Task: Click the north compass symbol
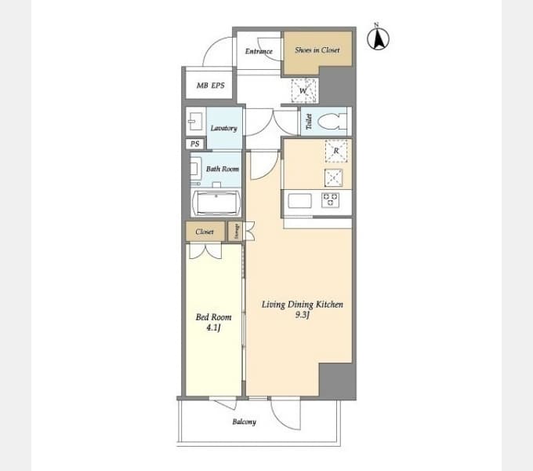point(378,38)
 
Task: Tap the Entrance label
point(259,51)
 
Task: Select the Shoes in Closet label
point(317,50)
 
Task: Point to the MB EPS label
point(210,86)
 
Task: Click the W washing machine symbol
point(304,90)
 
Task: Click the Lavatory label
point(223,128)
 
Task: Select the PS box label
point(194,144)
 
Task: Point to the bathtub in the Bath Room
point(216,203)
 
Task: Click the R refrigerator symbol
point(336,151)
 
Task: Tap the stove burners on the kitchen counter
point(331,200)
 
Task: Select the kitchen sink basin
point(299,201)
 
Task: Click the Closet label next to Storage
point(205,232)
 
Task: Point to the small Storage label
point(237,232)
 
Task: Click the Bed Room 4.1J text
point(213,323)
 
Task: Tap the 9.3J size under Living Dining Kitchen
point(303,315)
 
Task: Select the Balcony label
point(244,422)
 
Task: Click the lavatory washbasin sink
point(195,122)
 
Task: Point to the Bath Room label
point(223,169)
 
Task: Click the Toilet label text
point(309,122)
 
